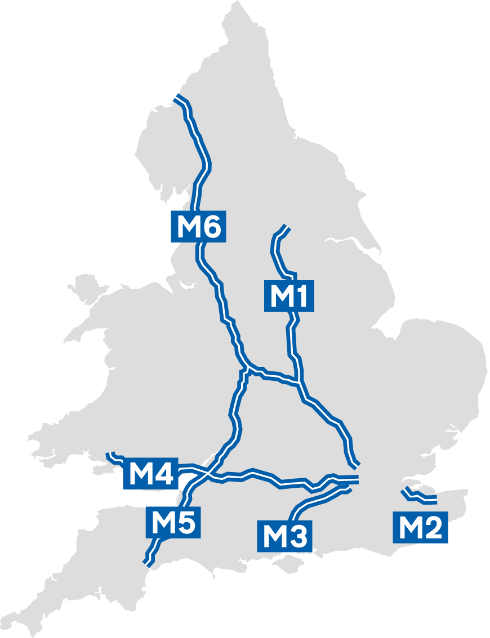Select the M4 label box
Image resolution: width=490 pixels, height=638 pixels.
(150, 474)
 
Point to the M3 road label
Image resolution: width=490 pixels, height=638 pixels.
(284, 536)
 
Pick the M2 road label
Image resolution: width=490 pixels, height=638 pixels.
(421, 528)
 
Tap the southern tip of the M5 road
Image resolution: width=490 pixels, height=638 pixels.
(147, 562)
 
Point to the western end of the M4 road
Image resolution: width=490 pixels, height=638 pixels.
(113, 454)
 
